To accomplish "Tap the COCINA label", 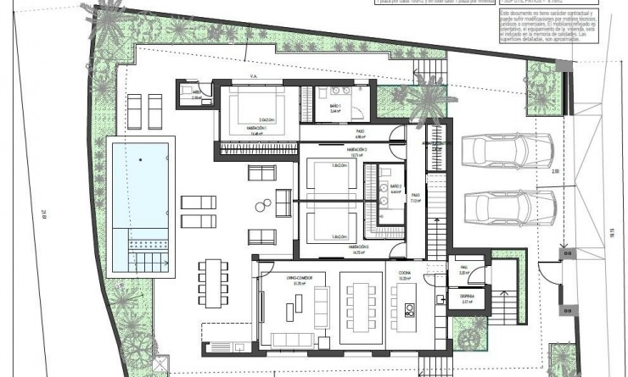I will pyautogui.click(x=404, y=274).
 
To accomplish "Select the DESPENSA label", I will pyautogui.click(x=467, y=297).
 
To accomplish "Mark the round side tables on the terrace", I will pyautogui.click(x=264, y=202).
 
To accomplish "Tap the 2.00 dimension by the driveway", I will pyautogui.click(x=554, y=173).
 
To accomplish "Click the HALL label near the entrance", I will pyautogui.click(x=464, y=272).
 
